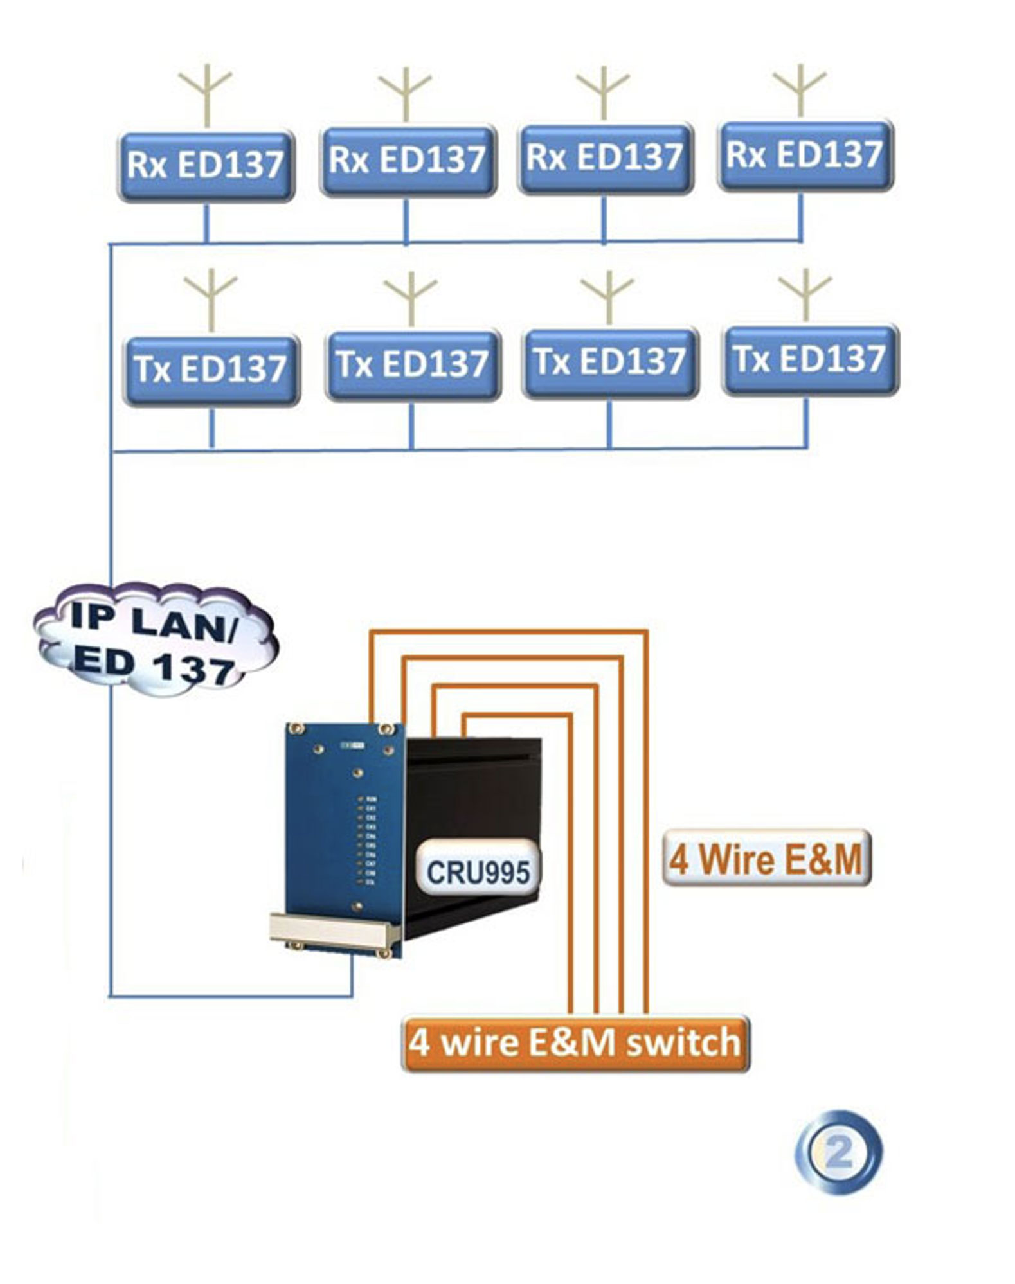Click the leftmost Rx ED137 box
point(206,166)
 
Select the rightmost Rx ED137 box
point(805,155)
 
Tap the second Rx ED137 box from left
point(408,160)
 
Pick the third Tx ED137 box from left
point(610,362)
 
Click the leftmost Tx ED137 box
point(211,370)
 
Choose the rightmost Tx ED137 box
point(810,359)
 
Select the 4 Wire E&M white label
point(766,859)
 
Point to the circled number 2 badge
point(839,1153)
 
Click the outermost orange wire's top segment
point(508,632)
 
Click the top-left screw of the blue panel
point(296,728)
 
